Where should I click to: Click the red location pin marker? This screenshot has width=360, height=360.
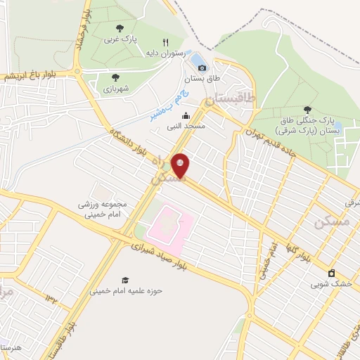[181, 165]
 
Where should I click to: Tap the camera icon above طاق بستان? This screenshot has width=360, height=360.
[202, 68]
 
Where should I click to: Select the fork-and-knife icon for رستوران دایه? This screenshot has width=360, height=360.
[166, 41]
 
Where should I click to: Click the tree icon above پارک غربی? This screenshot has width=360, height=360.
[119, 28]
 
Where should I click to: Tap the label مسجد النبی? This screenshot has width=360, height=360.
[185, 127]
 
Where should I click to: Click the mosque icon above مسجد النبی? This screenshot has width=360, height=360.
[186, 116]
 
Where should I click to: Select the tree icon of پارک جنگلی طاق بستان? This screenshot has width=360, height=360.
[307, 109]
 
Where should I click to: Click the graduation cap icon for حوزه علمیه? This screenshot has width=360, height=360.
[125, 279]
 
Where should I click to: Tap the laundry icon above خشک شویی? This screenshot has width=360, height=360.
[331, 274]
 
